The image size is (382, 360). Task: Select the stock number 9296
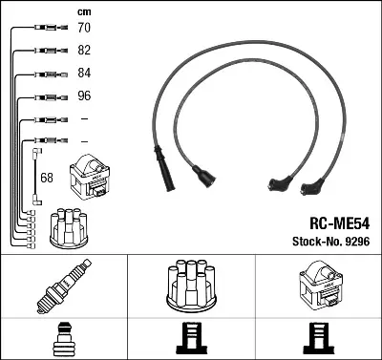(x=355, y=245)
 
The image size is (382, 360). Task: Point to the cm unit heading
(x=84, y=11)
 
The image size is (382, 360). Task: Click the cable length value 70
(x=84, y=30)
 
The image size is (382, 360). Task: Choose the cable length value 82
(x=84, y=52)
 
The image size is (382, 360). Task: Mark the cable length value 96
(x=84, y=97)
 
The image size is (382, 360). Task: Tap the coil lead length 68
(x=47, y=178)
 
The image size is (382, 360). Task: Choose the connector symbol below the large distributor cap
(x=191, y=340)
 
